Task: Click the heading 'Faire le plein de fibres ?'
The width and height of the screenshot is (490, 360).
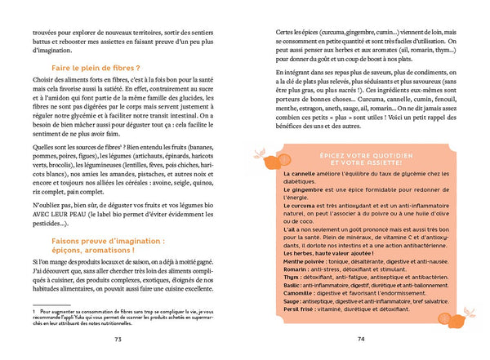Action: click(x=100, y=70)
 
